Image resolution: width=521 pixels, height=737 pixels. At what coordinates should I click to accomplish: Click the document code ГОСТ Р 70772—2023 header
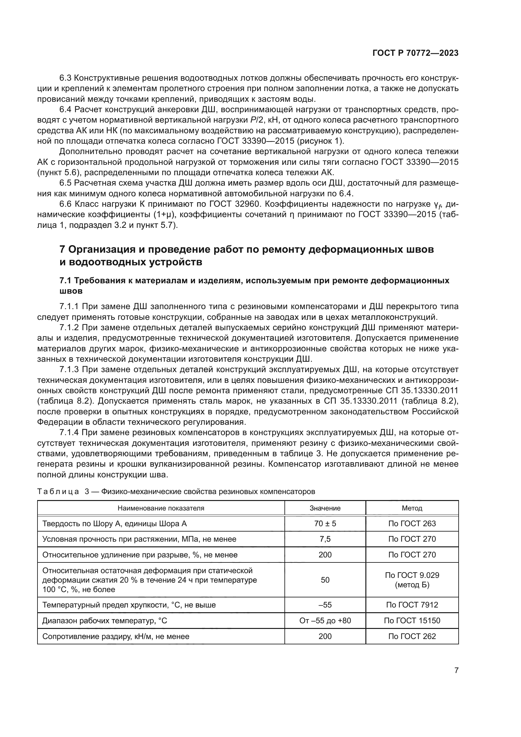pos(415,53)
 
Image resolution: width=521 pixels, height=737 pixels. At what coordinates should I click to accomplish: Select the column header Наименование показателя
pos(161,508)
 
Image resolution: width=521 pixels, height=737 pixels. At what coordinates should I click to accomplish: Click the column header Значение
pos(325,508)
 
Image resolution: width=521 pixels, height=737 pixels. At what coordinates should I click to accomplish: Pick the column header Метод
pos(412,508)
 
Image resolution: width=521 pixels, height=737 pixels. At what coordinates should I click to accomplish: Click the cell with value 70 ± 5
pos(325,524)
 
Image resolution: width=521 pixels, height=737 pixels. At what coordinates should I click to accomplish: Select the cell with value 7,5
pos(325,539)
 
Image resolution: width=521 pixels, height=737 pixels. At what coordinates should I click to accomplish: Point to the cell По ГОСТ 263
pos(412,524)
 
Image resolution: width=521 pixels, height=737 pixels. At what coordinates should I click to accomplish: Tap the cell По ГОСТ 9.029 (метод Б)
pos(412,580)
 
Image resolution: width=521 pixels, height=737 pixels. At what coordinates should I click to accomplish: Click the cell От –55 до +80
pos(325,620)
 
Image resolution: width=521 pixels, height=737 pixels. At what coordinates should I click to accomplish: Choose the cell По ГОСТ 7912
pos(412,605)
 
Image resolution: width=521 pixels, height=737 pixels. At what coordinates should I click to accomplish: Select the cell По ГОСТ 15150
pos(412,620)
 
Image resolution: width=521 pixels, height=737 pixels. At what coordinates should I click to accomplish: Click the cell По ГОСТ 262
pos(412,636)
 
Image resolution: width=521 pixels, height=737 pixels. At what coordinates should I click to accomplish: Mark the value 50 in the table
pos(325,580)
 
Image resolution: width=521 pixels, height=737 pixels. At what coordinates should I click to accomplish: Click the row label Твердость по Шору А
pos(115,524)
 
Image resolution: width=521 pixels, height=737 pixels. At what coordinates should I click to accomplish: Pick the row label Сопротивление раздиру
pos(116,636)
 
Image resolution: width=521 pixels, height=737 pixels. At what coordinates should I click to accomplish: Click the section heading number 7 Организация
pos(63,249)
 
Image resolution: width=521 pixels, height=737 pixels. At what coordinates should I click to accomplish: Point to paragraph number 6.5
pos(66,183)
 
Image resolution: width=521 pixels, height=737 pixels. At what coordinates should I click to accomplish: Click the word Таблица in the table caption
pos(58,492)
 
